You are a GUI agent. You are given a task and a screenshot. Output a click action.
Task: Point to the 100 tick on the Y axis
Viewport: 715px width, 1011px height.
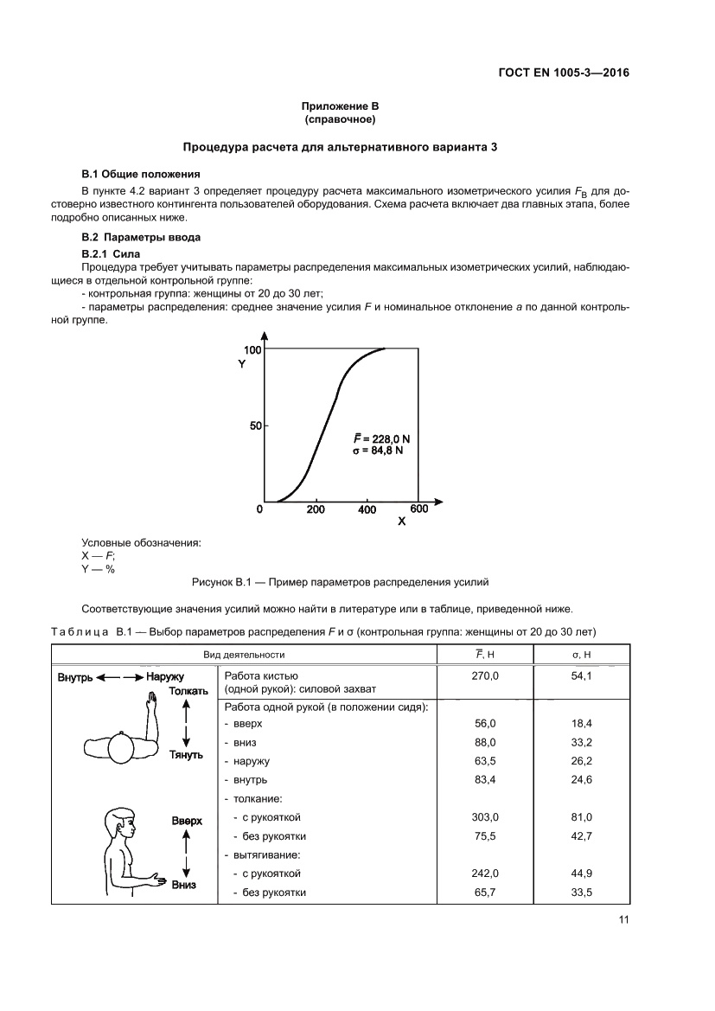[252, 349]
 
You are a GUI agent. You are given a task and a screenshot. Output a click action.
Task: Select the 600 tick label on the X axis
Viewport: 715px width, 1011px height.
[418, 509]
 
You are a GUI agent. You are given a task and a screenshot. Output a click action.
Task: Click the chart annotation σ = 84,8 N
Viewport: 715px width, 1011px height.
[378, 451]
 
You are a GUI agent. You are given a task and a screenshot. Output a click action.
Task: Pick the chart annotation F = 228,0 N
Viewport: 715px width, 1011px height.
[381, 438]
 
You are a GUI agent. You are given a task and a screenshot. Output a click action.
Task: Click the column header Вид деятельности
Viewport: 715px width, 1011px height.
[244, 656]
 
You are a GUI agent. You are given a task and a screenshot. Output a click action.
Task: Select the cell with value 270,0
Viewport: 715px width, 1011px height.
[484, 676]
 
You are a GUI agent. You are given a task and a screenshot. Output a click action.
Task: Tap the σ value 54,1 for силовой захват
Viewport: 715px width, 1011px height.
[581, 676]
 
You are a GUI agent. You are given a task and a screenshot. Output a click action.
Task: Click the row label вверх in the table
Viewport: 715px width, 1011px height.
[240, 723]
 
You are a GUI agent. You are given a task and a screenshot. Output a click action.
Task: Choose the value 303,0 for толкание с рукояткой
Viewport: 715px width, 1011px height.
[484, 816]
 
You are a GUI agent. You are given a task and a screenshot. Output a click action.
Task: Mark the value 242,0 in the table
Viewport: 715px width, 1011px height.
[484, 873]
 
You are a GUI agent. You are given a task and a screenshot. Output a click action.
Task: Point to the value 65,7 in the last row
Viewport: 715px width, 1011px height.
[484, 893]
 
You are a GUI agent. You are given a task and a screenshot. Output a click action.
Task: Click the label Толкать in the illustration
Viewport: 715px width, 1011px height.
[189, 692]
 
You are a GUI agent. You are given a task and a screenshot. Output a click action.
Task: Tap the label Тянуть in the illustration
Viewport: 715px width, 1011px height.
[187, 754]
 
